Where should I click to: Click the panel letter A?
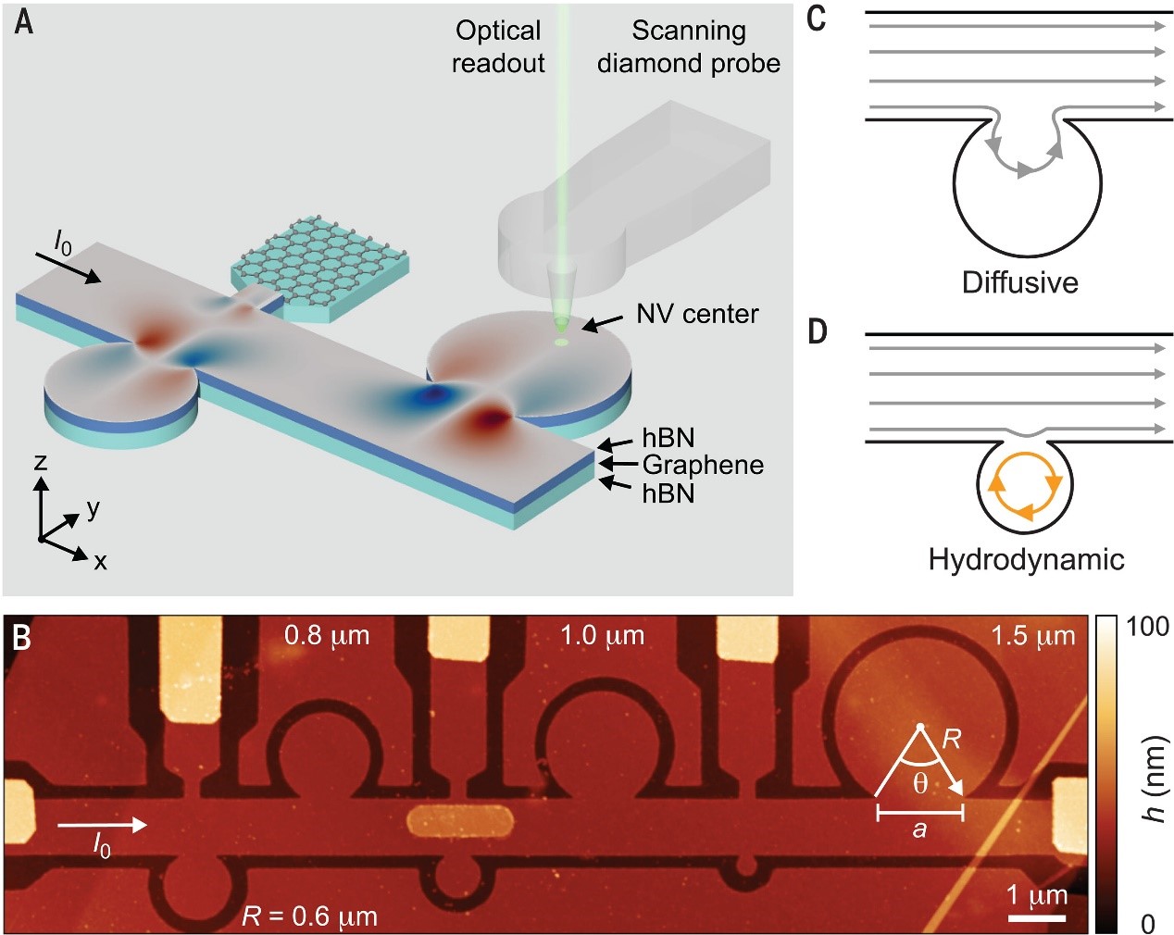tap(25, 22)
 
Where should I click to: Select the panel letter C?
tap(816, 19)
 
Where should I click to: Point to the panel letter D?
tap(817, 330)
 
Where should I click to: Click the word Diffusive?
tap(1019, 281)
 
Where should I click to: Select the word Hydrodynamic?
tap(1026, 559)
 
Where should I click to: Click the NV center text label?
tap(697, 314)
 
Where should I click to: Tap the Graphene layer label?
tap(703, 465)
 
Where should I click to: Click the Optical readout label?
tap(498, 46)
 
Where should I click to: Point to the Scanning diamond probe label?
tap(688, 46)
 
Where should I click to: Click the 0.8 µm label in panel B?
tap(327, 636)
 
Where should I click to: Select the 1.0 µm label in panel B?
tap(602, 636)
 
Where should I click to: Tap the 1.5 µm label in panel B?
tap(1033, 636)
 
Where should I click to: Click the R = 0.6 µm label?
tap(309, 916)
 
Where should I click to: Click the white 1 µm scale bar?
tap(1037, 917)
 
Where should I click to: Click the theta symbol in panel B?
tap(920, 783)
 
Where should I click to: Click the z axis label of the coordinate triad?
tap(40, 461)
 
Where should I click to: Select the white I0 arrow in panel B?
tap(102, 825)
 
